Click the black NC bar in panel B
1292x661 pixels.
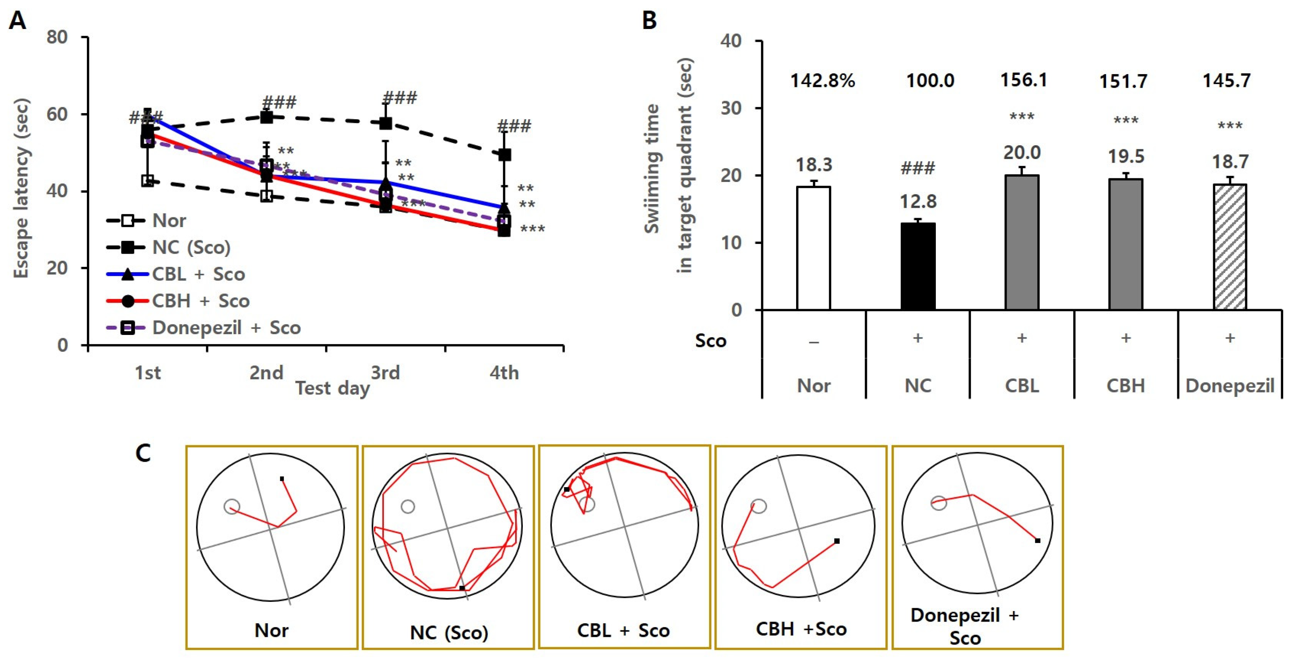point(918,266)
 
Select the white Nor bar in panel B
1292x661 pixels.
point(813,248)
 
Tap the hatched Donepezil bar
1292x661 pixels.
point(1230,247)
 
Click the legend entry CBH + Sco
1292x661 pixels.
point(200,301)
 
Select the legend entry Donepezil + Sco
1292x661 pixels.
point(226,328)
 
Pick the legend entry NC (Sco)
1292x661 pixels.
point(191,247)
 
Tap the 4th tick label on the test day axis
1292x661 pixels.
point(504,373)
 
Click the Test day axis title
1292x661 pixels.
point(332,388)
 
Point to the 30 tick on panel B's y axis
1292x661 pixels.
point(731,108)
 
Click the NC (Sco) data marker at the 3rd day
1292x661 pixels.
point(385,123)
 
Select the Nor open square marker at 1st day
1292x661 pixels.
point(147,180)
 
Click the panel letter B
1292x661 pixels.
point(650,21)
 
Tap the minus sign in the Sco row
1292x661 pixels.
point(813,343)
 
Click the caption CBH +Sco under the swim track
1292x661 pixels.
point(801,629)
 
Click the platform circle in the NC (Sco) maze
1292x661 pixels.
point(408,506)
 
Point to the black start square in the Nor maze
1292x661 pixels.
point(282,479)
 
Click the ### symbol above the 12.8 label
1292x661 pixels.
point(918,168)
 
